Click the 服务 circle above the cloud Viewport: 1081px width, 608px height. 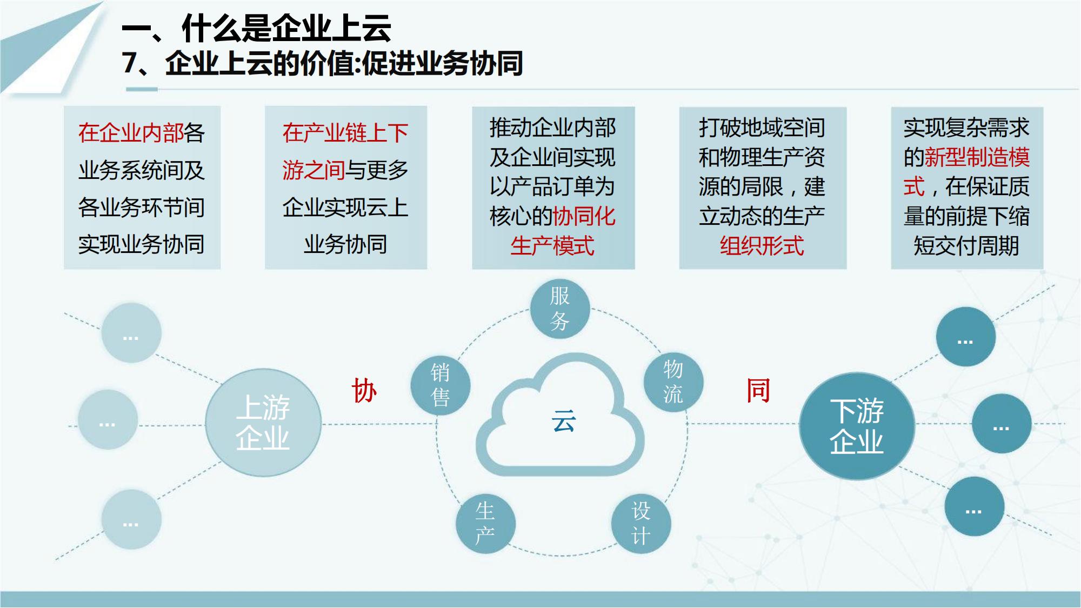pos(559,309)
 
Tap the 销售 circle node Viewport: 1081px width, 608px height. pos(440,385)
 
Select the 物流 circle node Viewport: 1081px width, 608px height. pos(673,382)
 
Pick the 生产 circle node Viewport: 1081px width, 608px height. pos(485,524)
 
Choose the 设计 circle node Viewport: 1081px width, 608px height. pos(641,524)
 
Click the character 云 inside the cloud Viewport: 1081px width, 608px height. pos(564,420)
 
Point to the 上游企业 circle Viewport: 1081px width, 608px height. pos(263,423)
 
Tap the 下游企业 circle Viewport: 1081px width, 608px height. pos(857,426)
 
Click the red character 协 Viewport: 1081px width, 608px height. pos(364,390)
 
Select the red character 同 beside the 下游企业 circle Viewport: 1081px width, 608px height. pos(758,390)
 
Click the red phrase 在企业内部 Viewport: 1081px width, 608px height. pos(131,133)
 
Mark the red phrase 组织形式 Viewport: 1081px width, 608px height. pos(762,246)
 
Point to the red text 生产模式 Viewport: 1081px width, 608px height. pos(552,246)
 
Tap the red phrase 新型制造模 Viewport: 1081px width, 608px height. pos(977,157)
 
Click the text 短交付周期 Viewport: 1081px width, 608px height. pos(966,246)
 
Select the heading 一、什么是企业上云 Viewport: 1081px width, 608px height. pos(257,28)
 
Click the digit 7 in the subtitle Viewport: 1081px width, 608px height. pos(130,63)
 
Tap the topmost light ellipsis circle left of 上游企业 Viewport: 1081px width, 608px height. pos(131,332)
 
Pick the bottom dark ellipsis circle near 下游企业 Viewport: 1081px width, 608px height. pos(975,506)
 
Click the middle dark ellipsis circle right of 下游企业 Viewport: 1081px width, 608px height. pos(1002,424)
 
